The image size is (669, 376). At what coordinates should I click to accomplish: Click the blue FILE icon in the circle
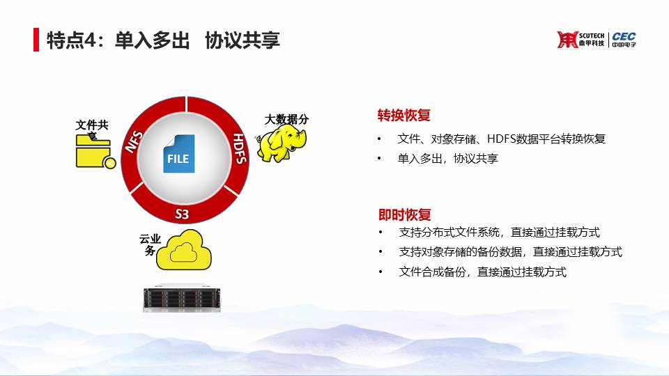[x=179, y=154]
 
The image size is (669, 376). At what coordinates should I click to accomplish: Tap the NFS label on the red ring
[x=134, y=142]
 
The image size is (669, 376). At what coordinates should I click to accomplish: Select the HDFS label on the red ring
[x=240, y=148]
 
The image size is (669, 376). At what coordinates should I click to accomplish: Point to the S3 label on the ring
[x=182, y=214]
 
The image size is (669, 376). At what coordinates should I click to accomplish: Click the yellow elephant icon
[x=281, y=144]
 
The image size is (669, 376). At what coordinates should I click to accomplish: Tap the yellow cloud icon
[x=184, y=250]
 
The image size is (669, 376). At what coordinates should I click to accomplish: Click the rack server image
[x=182, y=299]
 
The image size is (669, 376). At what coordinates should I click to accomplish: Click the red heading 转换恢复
[x=403, y=115]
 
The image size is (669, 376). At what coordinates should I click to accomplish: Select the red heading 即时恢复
[x=404, y=214]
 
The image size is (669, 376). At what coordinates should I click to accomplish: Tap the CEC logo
[x=624, y=39]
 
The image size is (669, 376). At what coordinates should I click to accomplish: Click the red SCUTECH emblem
[x=567, y=40]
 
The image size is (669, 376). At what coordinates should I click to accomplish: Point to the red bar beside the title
[x=36, y=40]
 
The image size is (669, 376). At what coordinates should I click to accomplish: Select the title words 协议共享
[x=243, y=40]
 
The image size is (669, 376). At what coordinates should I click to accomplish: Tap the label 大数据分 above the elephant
[x=286, y=119]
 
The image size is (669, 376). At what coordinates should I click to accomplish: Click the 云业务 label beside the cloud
[x=151, y=244]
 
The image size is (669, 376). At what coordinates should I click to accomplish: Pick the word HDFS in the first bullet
[x=501, y=139]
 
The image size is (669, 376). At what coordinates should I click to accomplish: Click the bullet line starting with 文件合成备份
[x=482, y=272]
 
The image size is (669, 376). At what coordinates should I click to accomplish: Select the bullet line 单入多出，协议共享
[x=448, y=159]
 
